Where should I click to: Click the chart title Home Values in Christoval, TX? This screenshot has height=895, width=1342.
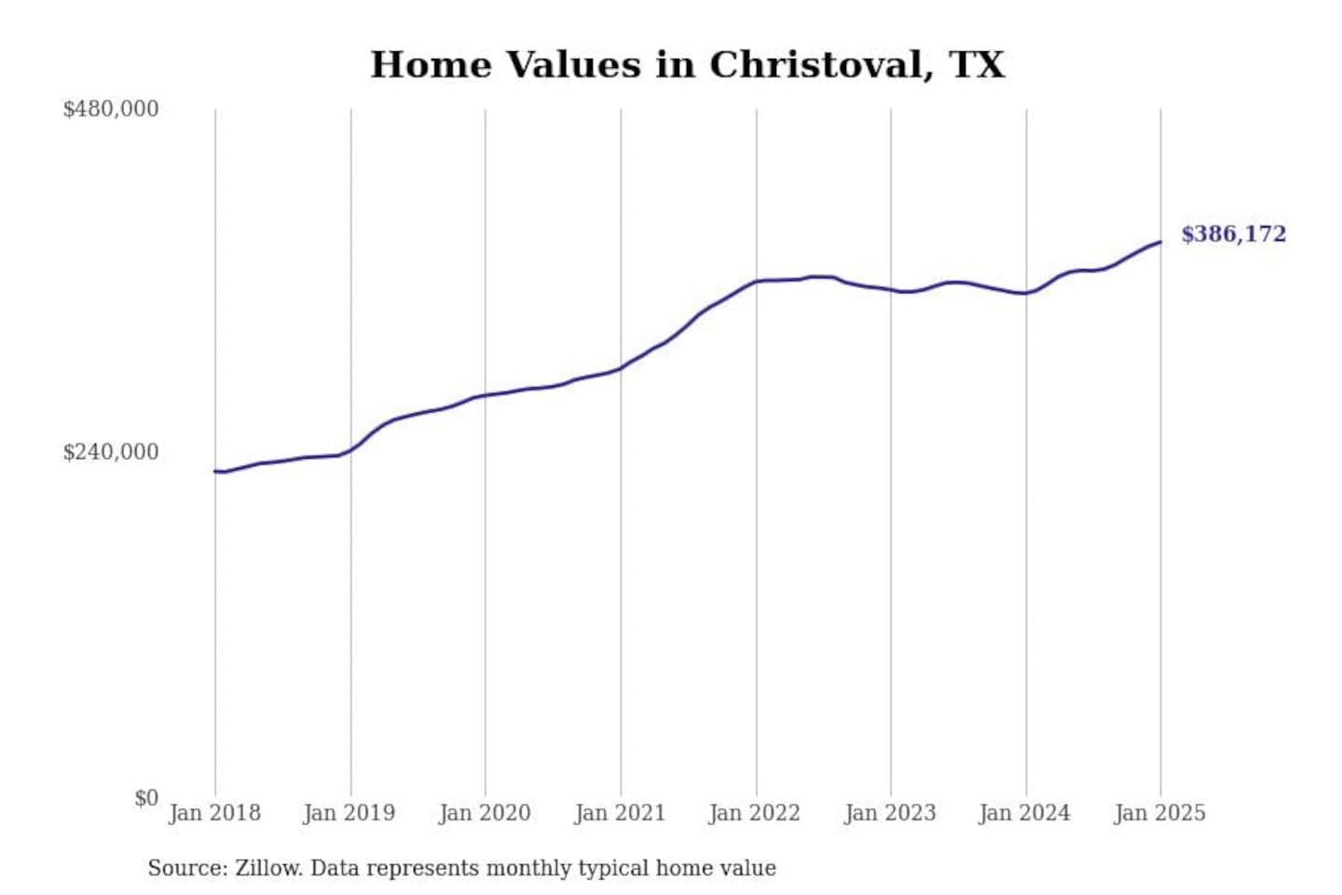(x=688, y=65)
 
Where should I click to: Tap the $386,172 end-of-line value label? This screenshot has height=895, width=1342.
(x=1233, y=234)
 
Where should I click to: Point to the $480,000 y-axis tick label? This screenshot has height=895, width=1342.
(x=110, y=109)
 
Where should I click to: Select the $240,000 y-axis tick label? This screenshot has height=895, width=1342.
(x=110, y=452)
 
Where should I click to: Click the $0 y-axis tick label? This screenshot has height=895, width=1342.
(x=145, y=798)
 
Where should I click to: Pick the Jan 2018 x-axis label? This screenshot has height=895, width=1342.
(x=214, y=813)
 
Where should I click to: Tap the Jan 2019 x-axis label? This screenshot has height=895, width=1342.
(x=349, y=813)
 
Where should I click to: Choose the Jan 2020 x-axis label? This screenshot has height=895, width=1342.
(x=485, y=813)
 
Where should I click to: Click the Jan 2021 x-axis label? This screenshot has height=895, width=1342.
(x=620, y=813)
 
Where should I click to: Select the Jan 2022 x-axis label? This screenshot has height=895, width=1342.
(x=755, y=813)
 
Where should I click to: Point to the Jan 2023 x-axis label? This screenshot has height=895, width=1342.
(x=890, y=813)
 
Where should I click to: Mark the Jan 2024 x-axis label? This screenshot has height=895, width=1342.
(x=1025, y=813)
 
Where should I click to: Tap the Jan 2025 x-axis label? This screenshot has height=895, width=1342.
(x=1160, y=813)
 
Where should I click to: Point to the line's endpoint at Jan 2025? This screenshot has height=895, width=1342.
(x=1160, y=242)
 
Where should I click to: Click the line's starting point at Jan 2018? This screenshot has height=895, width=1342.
(x=215, y=471)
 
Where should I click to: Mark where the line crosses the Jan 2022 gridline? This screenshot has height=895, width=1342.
(x=756, y=281)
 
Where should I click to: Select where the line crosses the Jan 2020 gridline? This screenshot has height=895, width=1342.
(x=485, y=395)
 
